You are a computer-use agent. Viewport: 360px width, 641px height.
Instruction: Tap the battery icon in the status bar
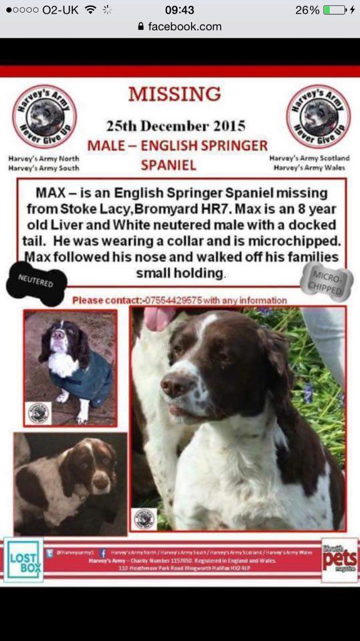tap(334, 10)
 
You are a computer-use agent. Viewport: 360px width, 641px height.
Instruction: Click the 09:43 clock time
tap(179, 10)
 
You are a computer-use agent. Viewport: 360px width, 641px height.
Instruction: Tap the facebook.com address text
tap(185, 26)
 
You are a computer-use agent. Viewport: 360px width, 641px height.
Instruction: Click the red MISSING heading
tap(175, 95)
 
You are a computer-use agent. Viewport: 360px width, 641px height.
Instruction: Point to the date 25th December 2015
tap(175, 125)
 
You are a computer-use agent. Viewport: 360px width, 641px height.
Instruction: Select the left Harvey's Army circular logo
tap(44, 117)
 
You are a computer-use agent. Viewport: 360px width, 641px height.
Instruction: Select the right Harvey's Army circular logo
tap(318, 117)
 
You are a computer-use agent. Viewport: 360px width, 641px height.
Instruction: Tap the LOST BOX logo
tap(24, 559)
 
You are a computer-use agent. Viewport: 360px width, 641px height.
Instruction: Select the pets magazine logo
tap(340, 559)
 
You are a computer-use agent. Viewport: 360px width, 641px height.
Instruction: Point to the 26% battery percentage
tap(307, 10)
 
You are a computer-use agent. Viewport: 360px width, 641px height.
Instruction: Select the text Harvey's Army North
tap(44, 159)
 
